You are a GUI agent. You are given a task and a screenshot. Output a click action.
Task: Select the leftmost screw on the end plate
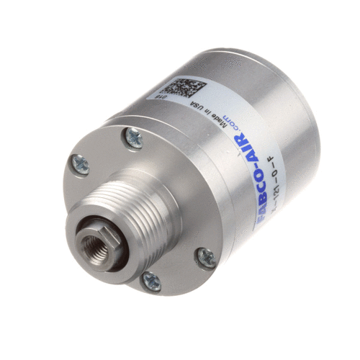coord(81,164)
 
